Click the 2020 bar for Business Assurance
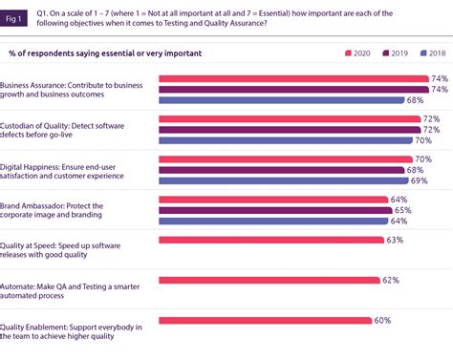(292, 78)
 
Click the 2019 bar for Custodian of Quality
(289, 130)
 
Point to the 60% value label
(383, 321)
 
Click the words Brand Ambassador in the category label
(39, 204)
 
